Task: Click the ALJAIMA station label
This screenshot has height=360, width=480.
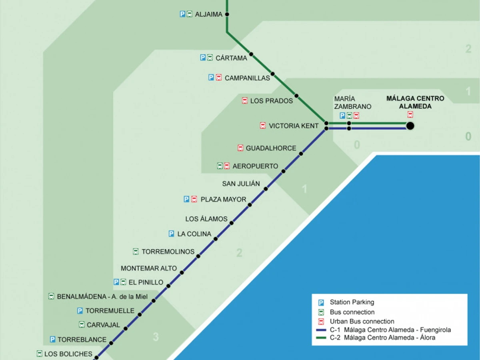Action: pyautogui.click(x=208, y=14)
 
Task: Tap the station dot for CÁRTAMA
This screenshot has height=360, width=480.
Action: pyautogui.click(x=251, y=54)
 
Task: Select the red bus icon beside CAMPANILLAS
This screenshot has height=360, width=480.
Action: pyautogui.click(x=219, y=78)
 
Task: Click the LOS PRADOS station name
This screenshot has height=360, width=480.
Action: pyautogui.click(x=272, y=101)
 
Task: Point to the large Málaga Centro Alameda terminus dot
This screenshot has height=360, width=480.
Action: pyautogui.click(x=410, y=126)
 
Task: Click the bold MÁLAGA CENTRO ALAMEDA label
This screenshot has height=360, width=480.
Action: pyautogui.click(x=410, y=102)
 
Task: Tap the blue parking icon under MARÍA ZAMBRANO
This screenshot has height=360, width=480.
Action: pyautogui.click(x=342, y=116)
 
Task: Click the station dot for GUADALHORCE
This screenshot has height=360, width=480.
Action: pyautogui.click(x=301, y=154)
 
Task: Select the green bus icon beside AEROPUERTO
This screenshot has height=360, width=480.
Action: pyautogui.click(x=220, y=166)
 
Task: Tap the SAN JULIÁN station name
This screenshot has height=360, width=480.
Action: pyautogui.click(x=241, y=184)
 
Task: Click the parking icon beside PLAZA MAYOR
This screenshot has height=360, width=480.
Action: pyautogui.click(x=186, y=199)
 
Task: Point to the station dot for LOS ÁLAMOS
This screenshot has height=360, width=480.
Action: pyautogui.click(x=231, y=223)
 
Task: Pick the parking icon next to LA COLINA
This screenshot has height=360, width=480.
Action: pyautogui.click(x=171, y=234)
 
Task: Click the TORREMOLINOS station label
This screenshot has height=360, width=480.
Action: pyautogui.click(x=168, y=252)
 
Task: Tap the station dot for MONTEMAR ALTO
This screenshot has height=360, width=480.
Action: pyautogui.click(x=182, y=272)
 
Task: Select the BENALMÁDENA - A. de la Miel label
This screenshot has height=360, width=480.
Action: pyautogui.click(x=102, y=297)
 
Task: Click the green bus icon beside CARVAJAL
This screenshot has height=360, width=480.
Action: pyautogui.click(x=82, y=325)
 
